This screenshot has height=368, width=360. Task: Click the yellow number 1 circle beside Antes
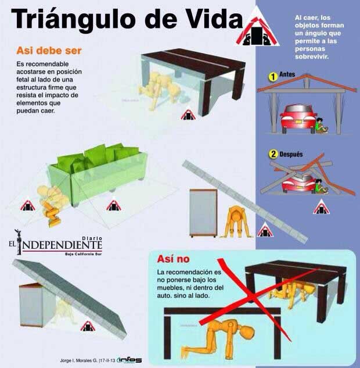coord(271,76)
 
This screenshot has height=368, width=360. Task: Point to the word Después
coord(291,155)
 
